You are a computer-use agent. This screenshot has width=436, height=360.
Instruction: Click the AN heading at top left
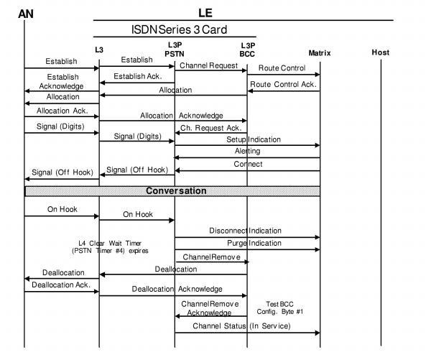[x=25, y=13]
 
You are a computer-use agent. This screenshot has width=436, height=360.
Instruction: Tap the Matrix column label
[x=320, y=52]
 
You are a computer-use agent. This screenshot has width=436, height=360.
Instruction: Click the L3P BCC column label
[x=247, y=49]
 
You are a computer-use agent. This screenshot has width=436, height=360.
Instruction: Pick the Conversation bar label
[x=176, y=191]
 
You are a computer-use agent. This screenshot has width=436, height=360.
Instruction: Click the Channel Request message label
[x=210, y=65]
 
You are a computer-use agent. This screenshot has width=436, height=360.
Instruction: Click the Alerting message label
[x=247, y=151]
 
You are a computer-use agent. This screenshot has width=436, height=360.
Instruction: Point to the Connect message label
[x=248, y=164]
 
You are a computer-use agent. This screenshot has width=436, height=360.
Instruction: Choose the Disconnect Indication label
[x=245, y=231]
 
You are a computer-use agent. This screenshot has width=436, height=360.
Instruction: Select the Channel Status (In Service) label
[x=241, y=326]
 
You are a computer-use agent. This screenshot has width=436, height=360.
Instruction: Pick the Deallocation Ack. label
[x=62, y=285]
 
